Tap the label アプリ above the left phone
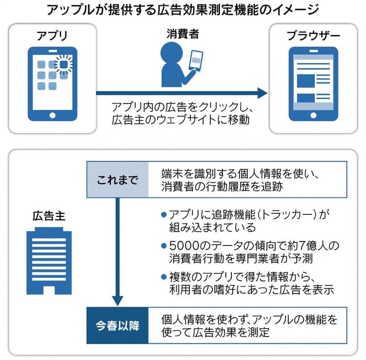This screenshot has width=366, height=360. [52, 35]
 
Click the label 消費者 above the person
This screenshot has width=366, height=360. [183, 34]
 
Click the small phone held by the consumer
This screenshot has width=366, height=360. [196, 60]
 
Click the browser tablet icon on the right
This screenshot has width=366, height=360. [313, 84]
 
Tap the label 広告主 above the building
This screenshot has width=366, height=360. [48, 215]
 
